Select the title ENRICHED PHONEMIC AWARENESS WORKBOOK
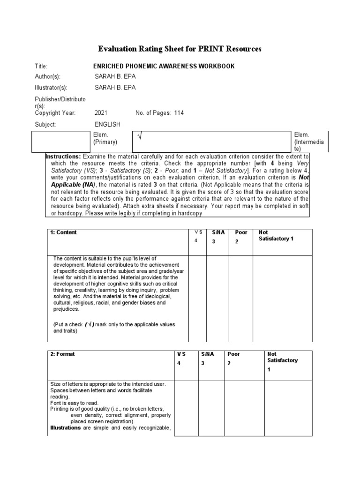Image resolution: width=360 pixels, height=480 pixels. pos(165,67)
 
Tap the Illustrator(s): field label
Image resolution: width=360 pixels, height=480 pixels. pos(51,88)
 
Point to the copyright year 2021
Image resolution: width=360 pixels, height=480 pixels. pos(101,113)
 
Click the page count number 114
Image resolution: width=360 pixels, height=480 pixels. pos(180,113)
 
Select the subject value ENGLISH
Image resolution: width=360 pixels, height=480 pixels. pos(108,124)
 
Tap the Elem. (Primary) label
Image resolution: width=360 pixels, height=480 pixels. pos(105,138)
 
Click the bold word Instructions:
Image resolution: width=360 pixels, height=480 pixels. pos(63,156)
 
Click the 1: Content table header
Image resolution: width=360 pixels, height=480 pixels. pos(64,232)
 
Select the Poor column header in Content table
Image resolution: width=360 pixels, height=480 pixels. pos(241,232)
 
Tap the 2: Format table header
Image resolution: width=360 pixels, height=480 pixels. pos(62,354)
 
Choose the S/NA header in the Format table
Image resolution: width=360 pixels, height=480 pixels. pos(207,354)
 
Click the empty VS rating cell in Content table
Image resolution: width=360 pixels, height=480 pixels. pos(197,298)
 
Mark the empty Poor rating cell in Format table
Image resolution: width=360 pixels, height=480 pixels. pos(244,408)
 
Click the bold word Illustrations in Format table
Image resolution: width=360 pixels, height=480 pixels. pos(66,428)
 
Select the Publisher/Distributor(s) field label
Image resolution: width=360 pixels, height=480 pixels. pos(60,102)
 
